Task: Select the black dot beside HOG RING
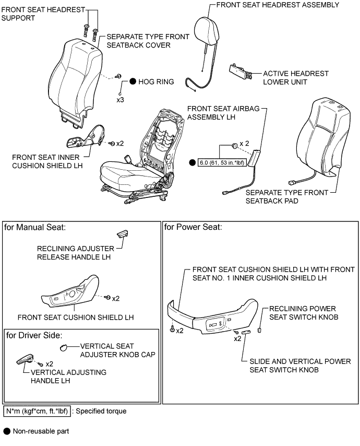(x=133, y=81)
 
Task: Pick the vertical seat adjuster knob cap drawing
(x=63, y=347)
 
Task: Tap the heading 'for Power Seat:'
(x=193, y=227)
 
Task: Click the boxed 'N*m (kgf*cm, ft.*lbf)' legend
(x=37, y=411)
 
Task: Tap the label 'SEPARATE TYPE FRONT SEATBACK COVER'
(x=138, y=42)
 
